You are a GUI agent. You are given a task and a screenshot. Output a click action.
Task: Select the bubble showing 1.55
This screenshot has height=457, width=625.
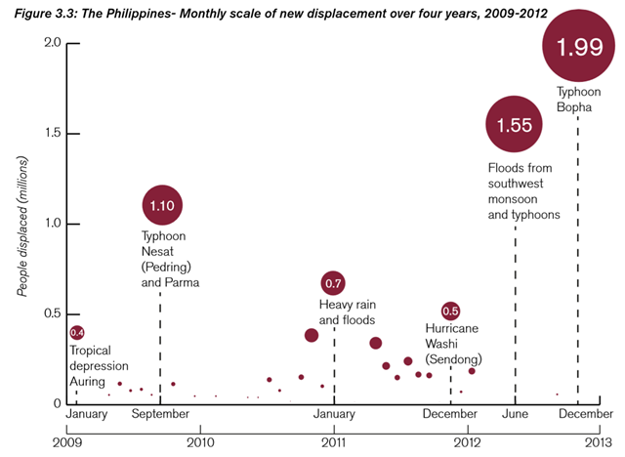pyautogui.click(x=515, y=125)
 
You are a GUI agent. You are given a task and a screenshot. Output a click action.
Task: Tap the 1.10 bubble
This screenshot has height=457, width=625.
pyautogui.click(x=162, y=205)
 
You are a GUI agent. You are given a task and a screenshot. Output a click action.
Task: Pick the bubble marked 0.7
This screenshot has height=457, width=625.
pyautogui.click(x=333, y=283)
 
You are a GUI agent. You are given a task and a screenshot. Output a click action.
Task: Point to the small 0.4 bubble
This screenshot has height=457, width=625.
pyautogui.click(x=77, y=333)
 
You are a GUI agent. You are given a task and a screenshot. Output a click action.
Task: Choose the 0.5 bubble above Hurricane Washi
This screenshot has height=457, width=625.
pyautogui.click(x=450, y=312)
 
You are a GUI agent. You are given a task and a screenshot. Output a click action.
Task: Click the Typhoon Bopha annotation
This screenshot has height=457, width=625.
pyautogui.click(x=574, y=98)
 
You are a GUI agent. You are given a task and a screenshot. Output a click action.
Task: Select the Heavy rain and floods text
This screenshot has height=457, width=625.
pyautogui.click(x=347, y=312)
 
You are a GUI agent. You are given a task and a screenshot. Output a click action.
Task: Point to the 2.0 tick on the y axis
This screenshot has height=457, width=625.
pyautogui.click(x=52, y=43)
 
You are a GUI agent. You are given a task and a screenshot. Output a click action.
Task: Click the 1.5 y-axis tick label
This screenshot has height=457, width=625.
pyautogui.click(x=52, y=133)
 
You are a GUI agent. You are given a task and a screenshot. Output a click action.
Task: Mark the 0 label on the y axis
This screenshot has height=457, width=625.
pyautogui.click(x=57, y=403)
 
